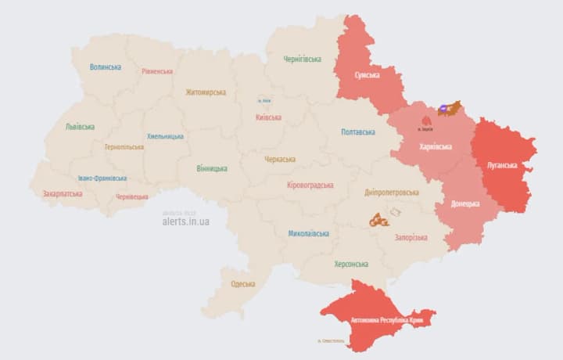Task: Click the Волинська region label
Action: point(105,67)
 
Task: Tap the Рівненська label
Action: point(157,71)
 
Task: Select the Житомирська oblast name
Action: point(206,92)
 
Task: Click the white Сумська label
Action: point(367,75)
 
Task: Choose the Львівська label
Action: point(80,126)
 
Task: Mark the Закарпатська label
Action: point(63,193)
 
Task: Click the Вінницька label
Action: point(212,168)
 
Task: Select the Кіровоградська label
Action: point(310,185)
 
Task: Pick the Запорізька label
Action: point(411,237)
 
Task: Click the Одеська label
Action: point(242,283)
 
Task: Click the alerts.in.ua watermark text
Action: point(185,221)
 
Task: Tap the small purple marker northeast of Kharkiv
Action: point(443,110)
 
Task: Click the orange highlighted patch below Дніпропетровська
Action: point(379,221)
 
